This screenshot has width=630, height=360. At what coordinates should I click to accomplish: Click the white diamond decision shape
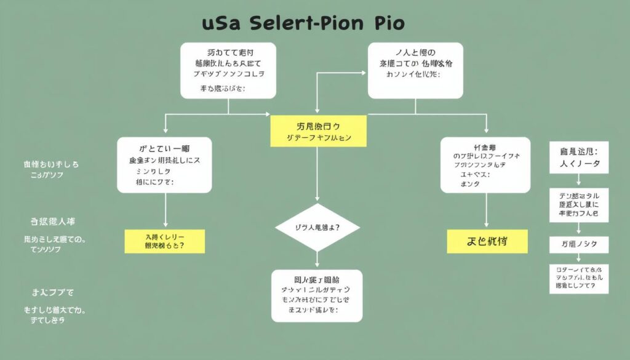coord(317,227)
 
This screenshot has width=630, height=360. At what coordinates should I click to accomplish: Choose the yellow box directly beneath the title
coord(318,131)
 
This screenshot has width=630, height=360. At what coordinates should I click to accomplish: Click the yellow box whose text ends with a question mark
coord(164,241)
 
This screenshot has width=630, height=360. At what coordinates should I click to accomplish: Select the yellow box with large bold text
coord(487,241)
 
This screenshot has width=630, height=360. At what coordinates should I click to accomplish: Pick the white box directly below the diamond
coord(317,295)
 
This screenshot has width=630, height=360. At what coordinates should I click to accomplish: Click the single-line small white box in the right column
coord(578,244)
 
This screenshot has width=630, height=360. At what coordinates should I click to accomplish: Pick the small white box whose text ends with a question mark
coord(578,278)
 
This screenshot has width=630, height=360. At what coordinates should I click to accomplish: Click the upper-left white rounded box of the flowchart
coord(228,70)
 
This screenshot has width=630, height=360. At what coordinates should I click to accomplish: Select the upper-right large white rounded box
coord(415,70)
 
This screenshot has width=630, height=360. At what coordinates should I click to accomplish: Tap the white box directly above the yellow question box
coord(164,165)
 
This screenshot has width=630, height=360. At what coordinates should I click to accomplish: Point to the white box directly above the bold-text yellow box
coord(485,165)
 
